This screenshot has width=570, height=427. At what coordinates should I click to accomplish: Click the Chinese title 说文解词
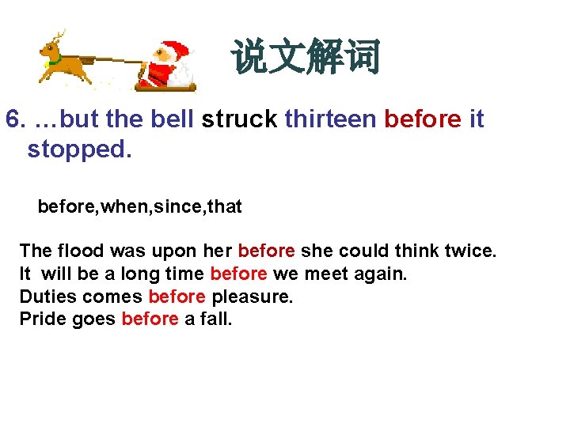(306, 58)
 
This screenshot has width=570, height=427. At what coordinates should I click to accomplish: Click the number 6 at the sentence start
(12, 119)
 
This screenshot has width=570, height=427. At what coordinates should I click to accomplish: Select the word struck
(239, 119)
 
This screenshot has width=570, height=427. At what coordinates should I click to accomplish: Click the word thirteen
(330, 119)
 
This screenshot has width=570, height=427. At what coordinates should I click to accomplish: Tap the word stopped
(78, 149)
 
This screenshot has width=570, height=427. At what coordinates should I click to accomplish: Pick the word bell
(170, 119)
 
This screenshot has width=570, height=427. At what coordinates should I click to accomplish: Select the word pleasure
(252, 297)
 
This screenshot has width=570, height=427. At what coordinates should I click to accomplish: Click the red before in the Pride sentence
(150, 319)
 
